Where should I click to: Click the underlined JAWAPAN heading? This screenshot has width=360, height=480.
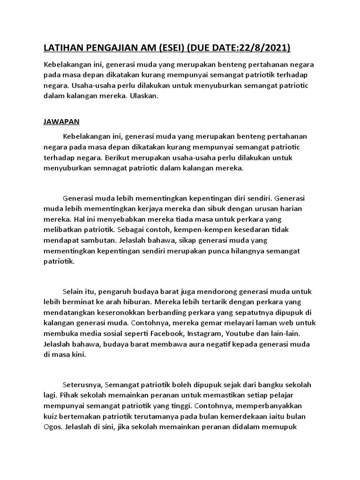click(61, 121)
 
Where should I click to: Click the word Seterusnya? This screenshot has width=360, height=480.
click(82, 385)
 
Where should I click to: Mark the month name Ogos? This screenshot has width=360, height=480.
click(52, 427)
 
